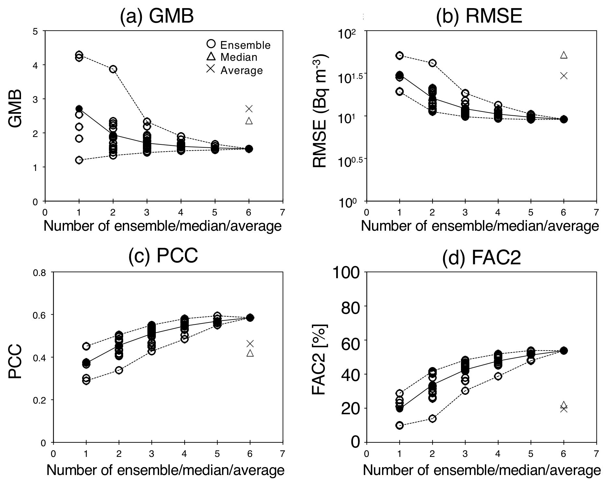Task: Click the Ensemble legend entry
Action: [239, 45]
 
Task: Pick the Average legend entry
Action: [235, 70]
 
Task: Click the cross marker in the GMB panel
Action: [249, 109]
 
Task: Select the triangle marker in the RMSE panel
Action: [564, 55]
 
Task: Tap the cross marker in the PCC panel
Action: [250, 343]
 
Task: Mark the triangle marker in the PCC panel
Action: [250, 353]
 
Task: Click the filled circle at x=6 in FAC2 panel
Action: [564, 351]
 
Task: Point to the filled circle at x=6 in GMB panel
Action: [249, 149]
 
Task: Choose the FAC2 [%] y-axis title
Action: [320, 359]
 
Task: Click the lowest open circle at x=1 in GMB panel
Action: [79, 160]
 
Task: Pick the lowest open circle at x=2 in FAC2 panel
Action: [433, 418]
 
